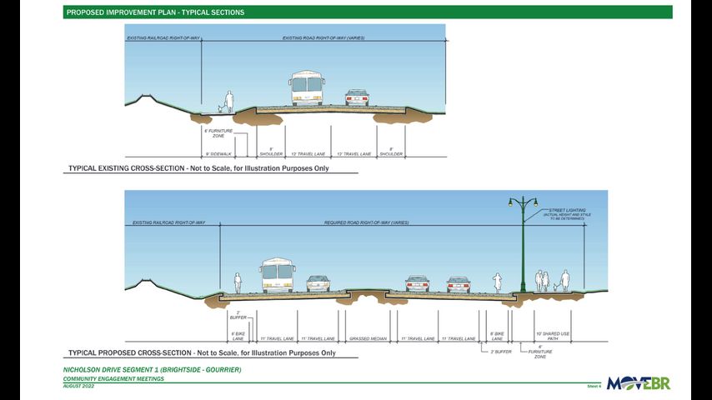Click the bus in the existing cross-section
point(306,87)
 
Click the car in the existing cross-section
point(357,97)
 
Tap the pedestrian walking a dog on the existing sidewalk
point(227,102)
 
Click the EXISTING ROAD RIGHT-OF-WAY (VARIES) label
point(323,38)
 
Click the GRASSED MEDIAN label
point(367,339)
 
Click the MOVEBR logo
point(638,383)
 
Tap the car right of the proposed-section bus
point(318,283)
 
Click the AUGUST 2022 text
point(79,386)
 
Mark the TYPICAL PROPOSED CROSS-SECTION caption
point(199,354)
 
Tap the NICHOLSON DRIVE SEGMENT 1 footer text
point(152,369)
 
